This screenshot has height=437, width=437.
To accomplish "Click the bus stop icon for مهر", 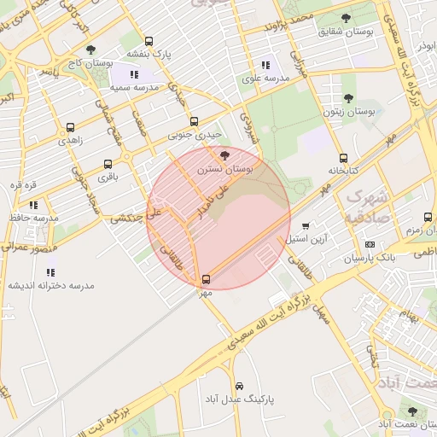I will pos(206,279).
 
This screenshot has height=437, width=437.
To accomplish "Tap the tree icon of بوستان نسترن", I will pos(224,155).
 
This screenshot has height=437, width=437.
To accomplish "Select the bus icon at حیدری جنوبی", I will pos(194,121).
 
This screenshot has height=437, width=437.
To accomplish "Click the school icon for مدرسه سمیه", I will pos(134,74).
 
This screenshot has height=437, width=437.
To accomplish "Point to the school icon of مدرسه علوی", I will pos(265,64).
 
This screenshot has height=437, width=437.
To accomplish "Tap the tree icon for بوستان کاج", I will pos(91,50).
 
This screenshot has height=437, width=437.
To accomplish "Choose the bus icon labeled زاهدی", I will pos(70,127).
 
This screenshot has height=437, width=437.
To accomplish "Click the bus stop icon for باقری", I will pos(108,164).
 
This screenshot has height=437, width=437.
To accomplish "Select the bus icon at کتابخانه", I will pos(343,158).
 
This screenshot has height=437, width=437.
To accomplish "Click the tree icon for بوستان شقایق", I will pos(346,18).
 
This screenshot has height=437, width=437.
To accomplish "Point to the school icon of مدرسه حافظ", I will pos(33,205).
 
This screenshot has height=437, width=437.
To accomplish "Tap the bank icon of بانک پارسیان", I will pos(370,244).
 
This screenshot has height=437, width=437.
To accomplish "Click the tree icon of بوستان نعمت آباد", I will pos(412,411).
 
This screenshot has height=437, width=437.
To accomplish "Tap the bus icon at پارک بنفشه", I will pos(149,41).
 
